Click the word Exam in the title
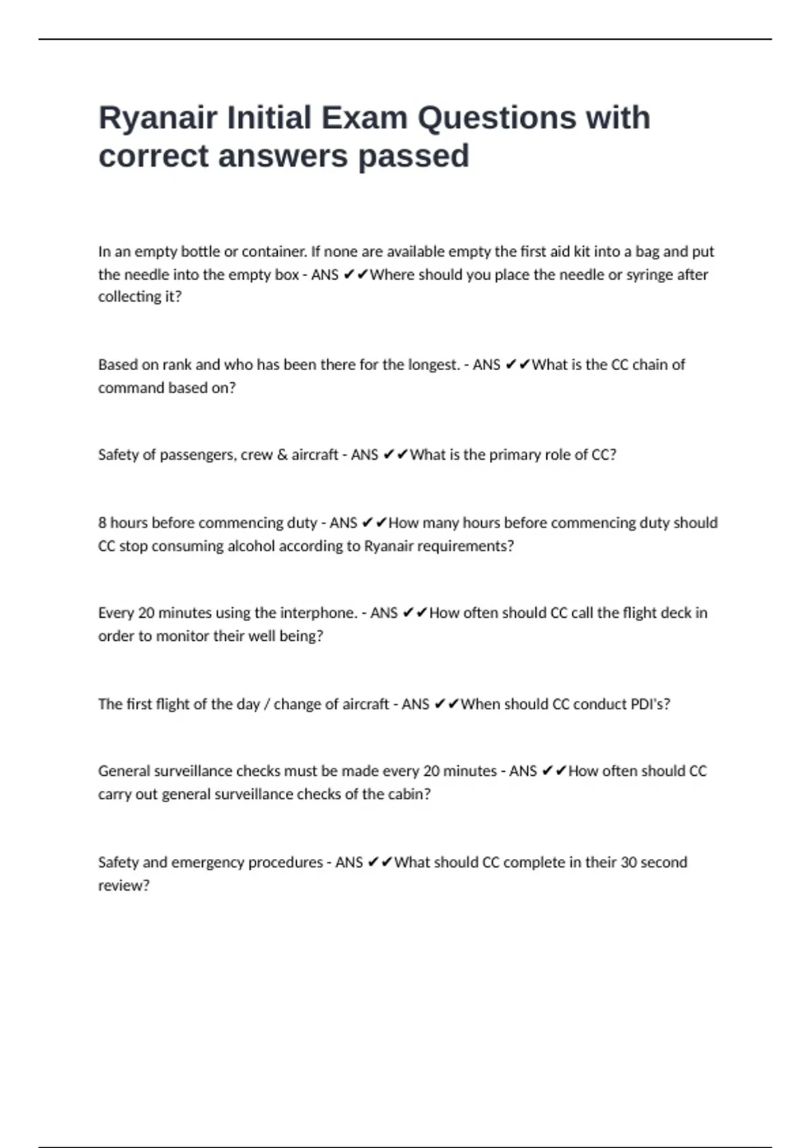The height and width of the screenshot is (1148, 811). pyautogui.click(x=364, y=118)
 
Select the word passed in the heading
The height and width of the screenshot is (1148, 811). pyautogui.click(x=413, y=157)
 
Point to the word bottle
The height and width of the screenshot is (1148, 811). pyautogui.click(x=201, y=252)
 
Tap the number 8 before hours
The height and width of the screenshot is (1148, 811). pyautogui.click(x=102, y=523)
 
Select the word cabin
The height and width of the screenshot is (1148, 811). pyautogui.click(x=408, y=794)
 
